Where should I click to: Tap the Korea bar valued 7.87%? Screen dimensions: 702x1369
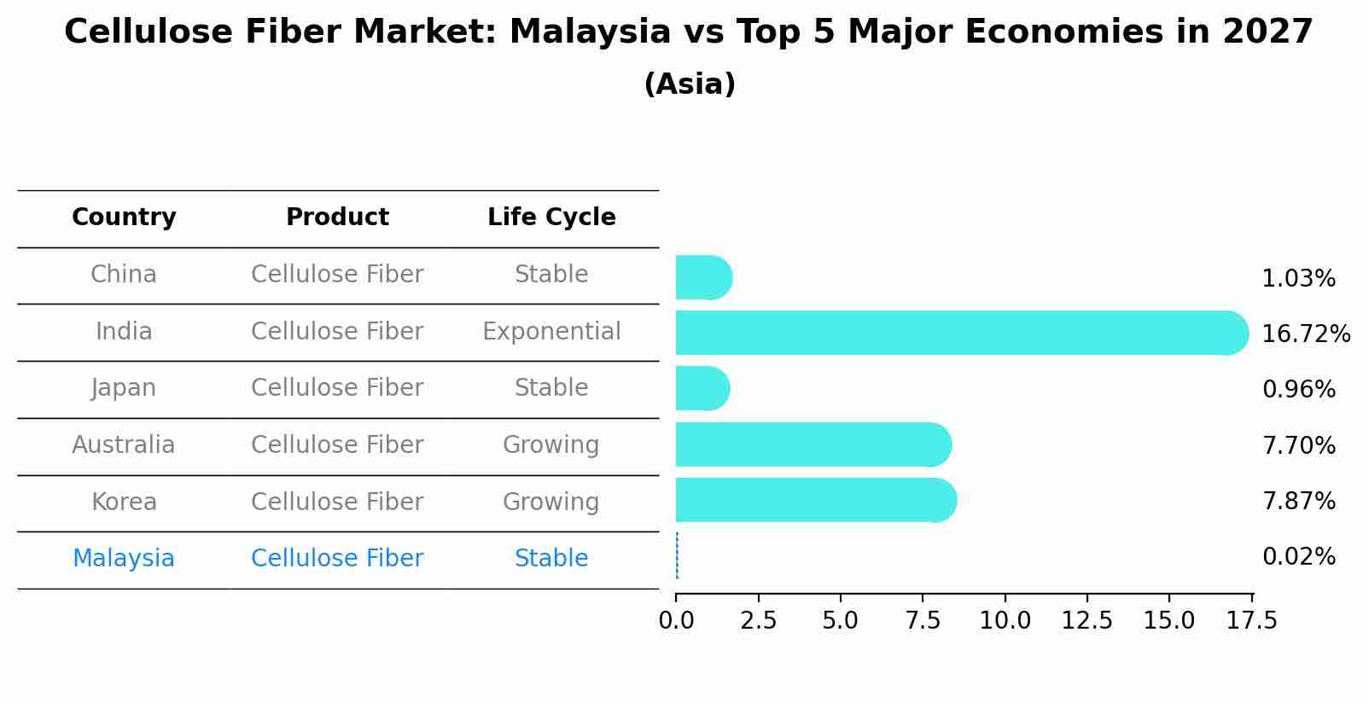click(x=815, y=500)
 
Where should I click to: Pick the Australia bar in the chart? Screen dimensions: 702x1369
click(x=813, y=444)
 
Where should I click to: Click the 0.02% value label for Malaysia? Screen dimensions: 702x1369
click(x=1298, y=557)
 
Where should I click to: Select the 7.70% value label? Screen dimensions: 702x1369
click(x=1298, y=445)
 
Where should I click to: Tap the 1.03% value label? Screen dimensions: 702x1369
click(x=1298, y=279)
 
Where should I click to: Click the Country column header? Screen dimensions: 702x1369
click(x=124, y=218)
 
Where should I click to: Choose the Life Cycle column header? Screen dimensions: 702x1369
click(x=551, y=218)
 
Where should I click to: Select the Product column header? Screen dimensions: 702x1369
click(x=337, y=218)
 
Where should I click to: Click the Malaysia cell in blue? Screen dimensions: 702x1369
click(x=124, y=559)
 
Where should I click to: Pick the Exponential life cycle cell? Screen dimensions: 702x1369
click(x=551, y=332)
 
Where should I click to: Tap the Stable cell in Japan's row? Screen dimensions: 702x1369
click(x=551, y=388)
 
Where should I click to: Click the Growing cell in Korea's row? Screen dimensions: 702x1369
click(x=551, y=502)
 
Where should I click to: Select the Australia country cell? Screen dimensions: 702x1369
click(x=124, y=445)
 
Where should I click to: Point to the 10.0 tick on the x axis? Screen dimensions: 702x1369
click(x=1005, y=620)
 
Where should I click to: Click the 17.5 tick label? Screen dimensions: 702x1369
click(x=1252, y=620)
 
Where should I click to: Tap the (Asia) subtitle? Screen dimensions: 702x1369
click(x=690, y=84)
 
